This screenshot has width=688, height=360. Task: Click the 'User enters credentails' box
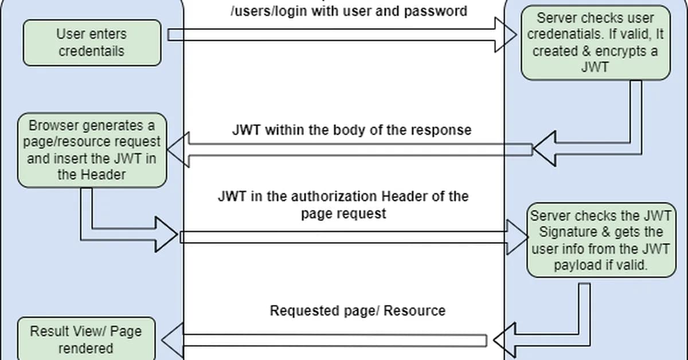click(92, 42)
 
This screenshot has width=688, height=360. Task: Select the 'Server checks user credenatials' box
click(596, 42)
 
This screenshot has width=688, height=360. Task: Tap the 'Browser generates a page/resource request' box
click(92, 150)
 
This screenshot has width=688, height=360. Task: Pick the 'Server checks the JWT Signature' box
click(601, 240)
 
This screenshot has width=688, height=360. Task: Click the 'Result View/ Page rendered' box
click(86, 339)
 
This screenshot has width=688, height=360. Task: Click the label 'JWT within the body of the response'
click(351, 130)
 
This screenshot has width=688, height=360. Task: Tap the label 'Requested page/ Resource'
click(357, 311)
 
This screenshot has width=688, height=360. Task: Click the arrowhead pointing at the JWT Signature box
click(518, 236)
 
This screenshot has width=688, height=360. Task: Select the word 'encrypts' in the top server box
click(622, 50)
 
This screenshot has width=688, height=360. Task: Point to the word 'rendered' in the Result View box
click(85, 348)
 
